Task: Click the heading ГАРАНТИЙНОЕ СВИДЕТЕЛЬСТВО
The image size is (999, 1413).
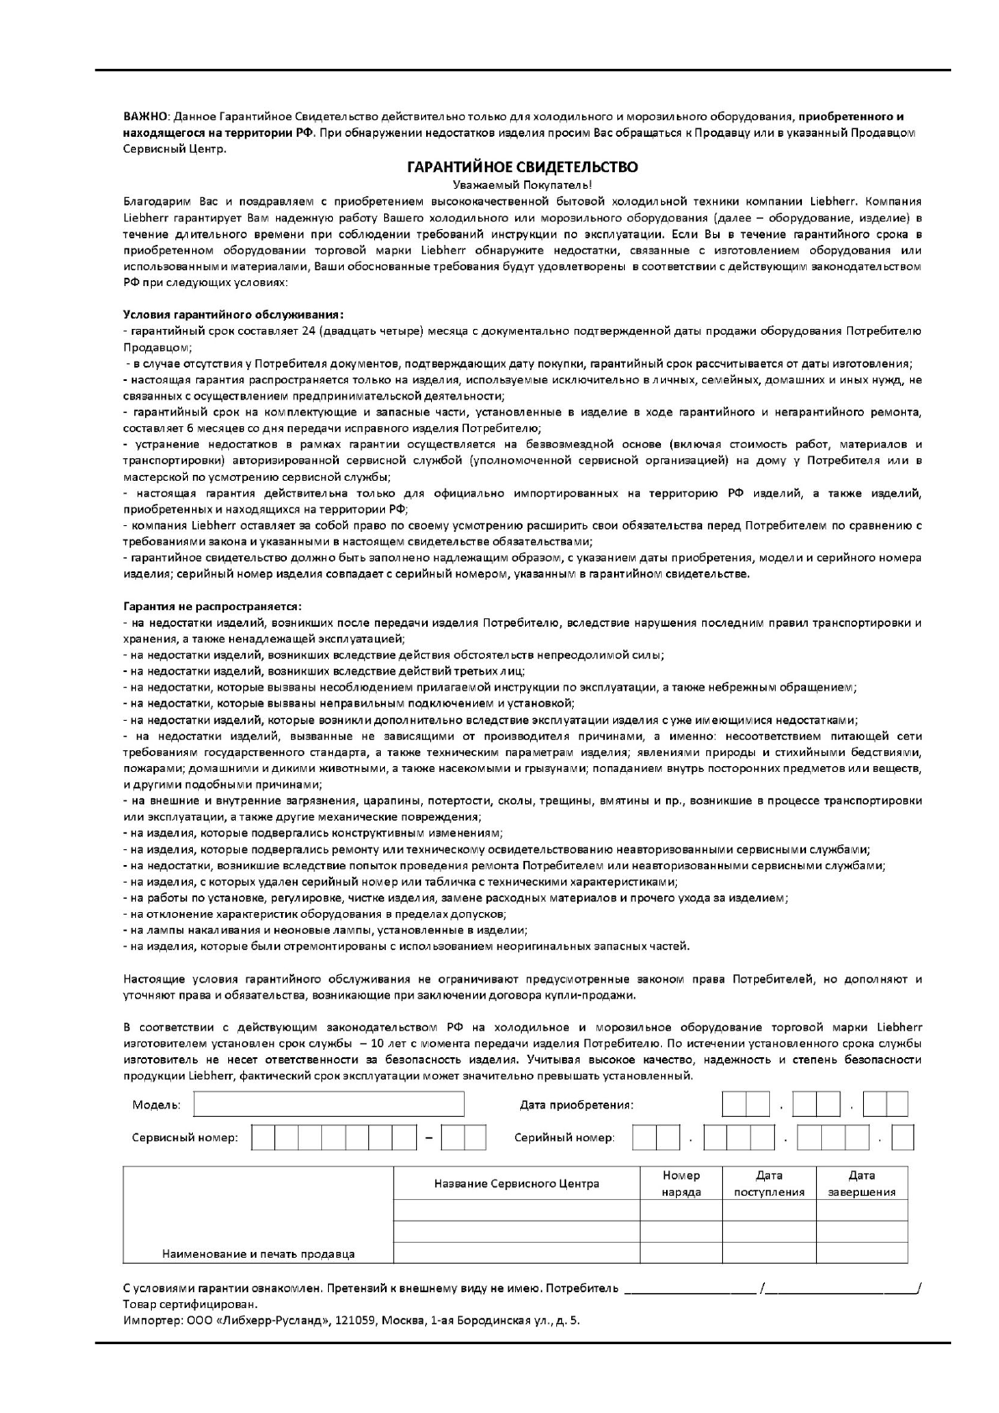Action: [x=522, y=167]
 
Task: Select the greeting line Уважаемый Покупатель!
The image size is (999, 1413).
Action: [x=522, y=185]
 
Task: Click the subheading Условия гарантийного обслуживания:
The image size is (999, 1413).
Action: [x=233, y=315]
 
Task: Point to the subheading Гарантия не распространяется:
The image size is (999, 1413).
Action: [x=212, y=606]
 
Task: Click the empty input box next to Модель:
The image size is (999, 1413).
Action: [x=328, y=1104]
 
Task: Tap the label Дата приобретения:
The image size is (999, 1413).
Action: [x=576, y=1105]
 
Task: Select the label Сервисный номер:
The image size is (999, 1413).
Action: [x=185, y=1139]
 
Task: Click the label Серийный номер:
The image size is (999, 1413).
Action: [x=564, y=1139]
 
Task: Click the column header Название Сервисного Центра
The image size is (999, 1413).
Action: [x=516, y=1184]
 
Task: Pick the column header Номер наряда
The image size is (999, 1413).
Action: [x=680, y=1184]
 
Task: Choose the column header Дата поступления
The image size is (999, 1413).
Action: [x=768, y=1184]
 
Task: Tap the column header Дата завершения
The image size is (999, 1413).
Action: [x=861, y=1184]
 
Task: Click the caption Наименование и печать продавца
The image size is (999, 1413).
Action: [x=258, y=1254]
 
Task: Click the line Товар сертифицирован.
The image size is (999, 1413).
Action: [x=190, y=1305]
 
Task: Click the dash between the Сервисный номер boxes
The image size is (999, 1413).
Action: [x=429, y=1139]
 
